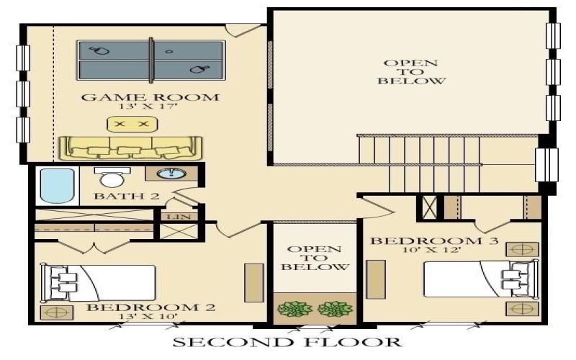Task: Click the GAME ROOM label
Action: point(150,98)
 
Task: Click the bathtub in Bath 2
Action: point(56,186)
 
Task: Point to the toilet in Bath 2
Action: point(112,178)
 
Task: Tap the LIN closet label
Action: point(174,216)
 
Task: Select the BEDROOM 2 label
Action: point(150,308)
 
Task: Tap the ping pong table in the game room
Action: point(151,60)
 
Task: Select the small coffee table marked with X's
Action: point(132,125)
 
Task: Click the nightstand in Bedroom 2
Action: point(53,312)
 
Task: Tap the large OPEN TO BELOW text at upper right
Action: point(410,72)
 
